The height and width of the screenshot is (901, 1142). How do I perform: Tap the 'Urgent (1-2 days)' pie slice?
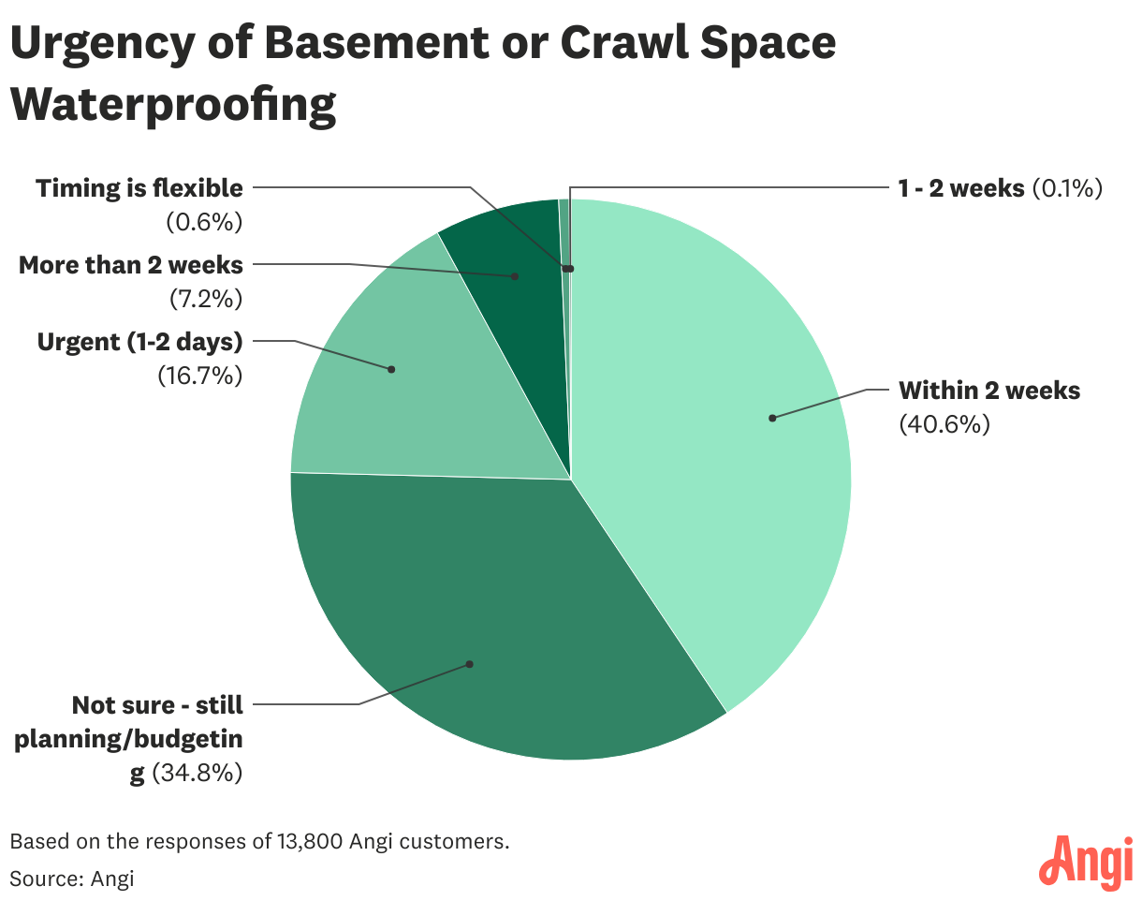pyautogui.click(x=393, y=375)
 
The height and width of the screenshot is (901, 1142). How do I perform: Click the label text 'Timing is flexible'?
pyautogui.click(x=139, y=188)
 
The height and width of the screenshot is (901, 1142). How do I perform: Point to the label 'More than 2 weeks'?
pyautogui.click(x=130, y=265)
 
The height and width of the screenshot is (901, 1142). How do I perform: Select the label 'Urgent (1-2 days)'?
pyautogui.click(x=139, y=342)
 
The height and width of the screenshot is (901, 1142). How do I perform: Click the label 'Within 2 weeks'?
pyautogui.click(x=989, y=390)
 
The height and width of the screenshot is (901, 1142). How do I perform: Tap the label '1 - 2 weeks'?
pyautogui.click(x=961, y=188)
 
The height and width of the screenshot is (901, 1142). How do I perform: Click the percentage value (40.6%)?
pyautogui.click(x=944, y=424)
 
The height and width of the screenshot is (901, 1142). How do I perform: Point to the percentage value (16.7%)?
pyautogui.click(x=199, y=377)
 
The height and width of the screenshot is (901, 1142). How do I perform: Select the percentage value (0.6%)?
pyautogui.click(x=204, y=223)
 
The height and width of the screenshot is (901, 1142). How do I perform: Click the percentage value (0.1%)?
pyautogui.click(x=1068, y=188)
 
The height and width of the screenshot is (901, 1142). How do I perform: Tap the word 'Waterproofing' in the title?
pyautogui.click(x=173, y=105)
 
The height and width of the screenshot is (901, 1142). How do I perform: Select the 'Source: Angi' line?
pyautogui.click(x=72, y=879)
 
